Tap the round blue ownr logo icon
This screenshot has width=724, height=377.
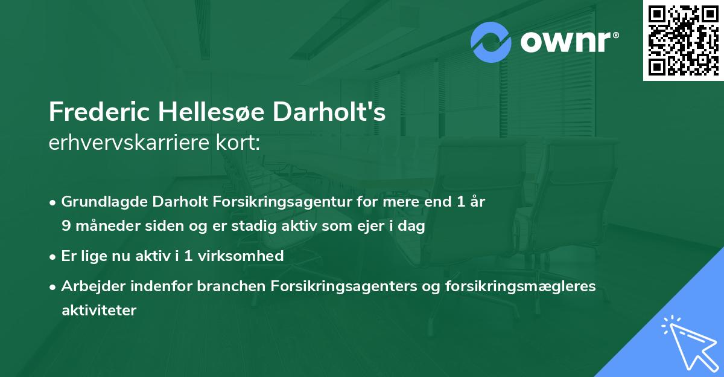tap(491, 42)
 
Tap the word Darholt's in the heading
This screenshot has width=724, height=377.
tap(329, 112)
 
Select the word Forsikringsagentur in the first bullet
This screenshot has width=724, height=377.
tap(266, 202)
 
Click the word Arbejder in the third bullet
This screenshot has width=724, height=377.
tap(88, 286)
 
